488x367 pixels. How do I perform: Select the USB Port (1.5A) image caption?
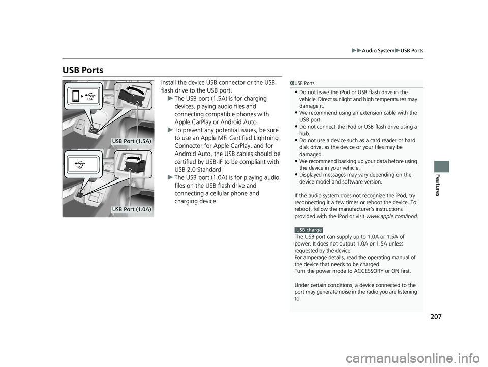pos(132,140)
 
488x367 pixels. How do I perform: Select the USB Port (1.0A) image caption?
pos(132,209)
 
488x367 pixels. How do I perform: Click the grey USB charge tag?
pos(309,230)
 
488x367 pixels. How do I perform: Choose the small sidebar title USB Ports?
pos(304,83)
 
